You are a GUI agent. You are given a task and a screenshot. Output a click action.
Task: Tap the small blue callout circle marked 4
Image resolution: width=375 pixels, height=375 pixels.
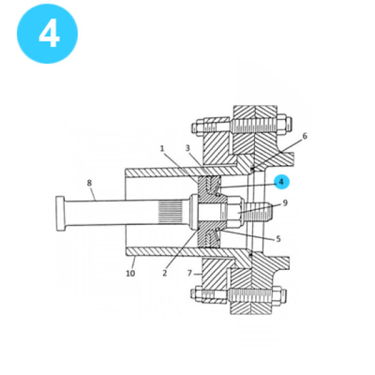(281, 182)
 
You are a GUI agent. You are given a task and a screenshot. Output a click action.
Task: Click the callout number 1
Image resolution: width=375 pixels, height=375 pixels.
(162, 148)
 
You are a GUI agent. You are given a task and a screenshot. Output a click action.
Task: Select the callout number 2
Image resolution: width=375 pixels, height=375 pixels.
(165, 273)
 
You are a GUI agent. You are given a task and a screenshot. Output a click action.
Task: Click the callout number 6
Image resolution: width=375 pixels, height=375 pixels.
(305, 136)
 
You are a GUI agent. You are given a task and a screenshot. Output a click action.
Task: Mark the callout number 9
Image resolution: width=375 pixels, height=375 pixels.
(285, 202)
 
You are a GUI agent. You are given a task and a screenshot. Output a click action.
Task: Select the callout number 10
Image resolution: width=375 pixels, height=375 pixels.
(130, 273)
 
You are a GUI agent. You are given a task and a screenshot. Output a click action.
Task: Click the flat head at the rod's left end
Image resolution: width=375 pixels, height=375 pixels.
(60, 213)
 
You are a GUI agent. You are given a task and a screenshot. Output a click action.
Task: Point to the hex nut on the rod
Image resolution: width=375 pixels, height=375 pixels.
(229, 213)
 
